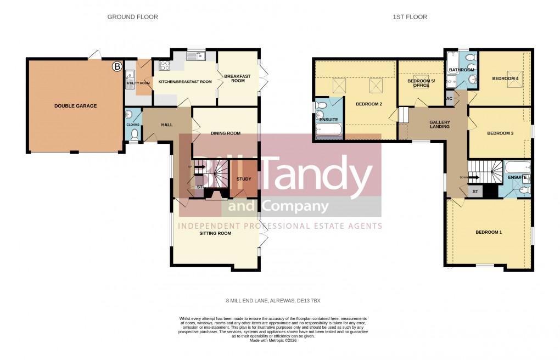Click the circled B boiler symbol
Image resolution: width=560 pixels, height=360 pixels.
pos(116,67)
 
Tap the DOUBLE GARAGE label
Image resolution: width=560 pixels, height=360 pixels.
pos(75,106)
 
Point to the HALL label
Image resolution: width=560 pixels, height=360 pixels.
pos(167,125)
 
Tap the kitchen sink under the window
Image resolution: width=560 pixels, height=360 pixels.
pos(194,55)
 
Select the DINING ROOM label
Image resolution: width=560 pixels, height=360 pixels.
pos(226,133)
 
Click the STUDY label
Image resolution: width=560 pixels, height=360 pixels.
pos(244,179)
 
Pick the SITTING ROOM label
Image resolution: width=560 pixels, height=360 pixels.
pos(215,233)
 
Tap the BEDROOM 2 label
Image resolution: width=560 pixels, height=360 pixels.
pos(368,104)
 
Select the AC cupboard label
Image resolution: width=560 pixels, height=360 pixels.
pos(449,99)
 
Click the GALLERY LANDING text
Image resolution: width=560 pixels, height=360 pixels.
pos(439,125)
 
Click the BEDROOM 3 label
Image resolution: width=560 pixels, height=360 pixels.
pos(500,133)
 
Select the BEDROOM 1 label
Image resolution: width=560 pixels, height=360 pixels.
pos(488,232)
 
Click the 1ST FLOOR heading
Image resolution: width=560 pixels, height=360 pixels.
pos(410,17)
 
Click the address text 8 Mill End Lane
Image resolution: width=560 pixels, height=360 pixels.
pos(273,301)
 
